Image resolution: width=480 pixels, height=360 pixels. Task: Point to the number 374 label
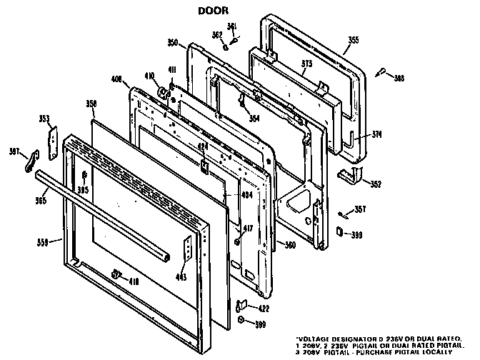pos(377,134)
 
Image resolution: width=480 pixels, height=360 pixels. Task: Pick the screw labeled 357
pos(342,213)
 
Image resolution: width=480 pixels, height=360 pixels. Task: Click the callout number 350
pos(173,44)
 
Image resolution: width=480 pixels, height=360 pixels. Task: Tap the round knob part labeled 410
pos(162,91)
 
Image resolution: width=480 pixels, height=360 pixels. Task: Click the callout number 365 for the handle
pos(41,201)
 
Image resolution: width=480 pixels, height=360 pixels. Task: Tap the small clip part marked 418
pos(116,274)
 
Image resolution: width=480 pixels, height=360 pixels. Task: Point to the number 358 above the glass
pos(91,104)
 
